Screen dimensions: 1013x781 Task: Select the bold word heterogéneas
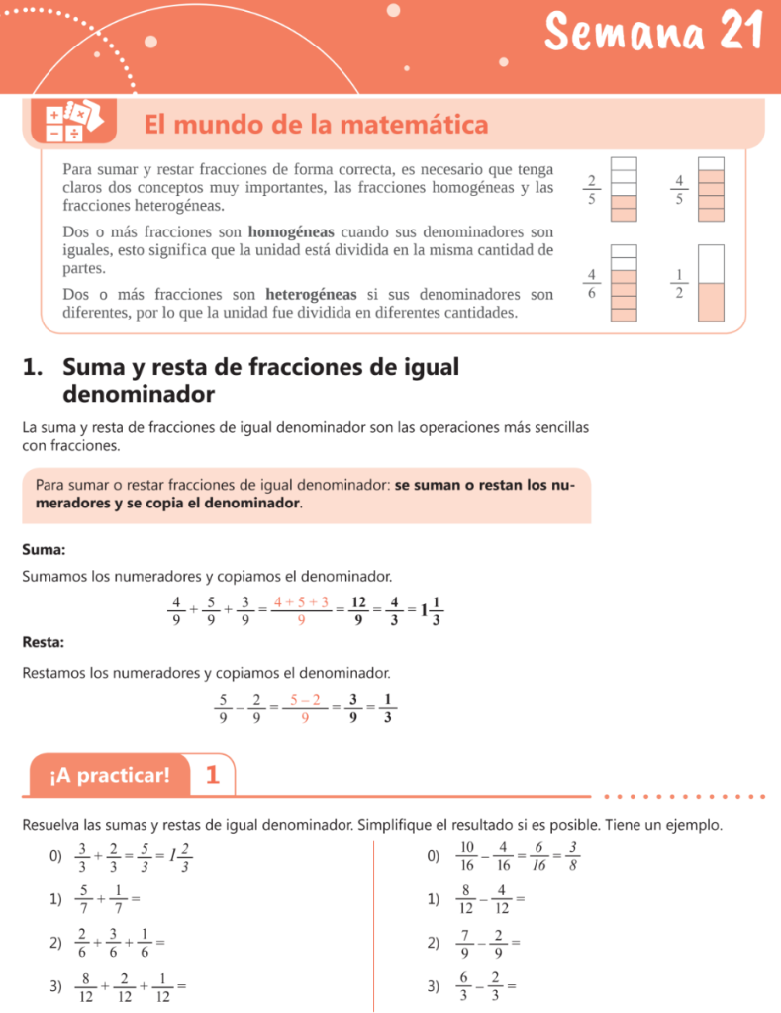point(313,294)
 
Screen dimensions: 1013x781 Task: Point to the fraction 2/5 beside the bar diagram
point(591,188)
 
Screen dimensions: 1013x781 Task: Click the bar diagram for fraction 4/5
point(712,188)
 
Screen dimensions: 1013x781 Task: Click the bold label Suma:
point(44,549)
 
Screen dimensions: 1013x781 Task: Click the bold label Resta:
point(44,642)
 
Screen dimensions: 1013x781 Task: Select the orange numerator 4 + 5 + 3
point(301,601)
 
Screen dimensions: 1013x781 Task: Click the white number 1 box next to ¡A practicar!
point(212,775)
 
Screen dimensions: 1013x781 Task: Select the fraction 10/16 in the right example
point(467,855)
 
